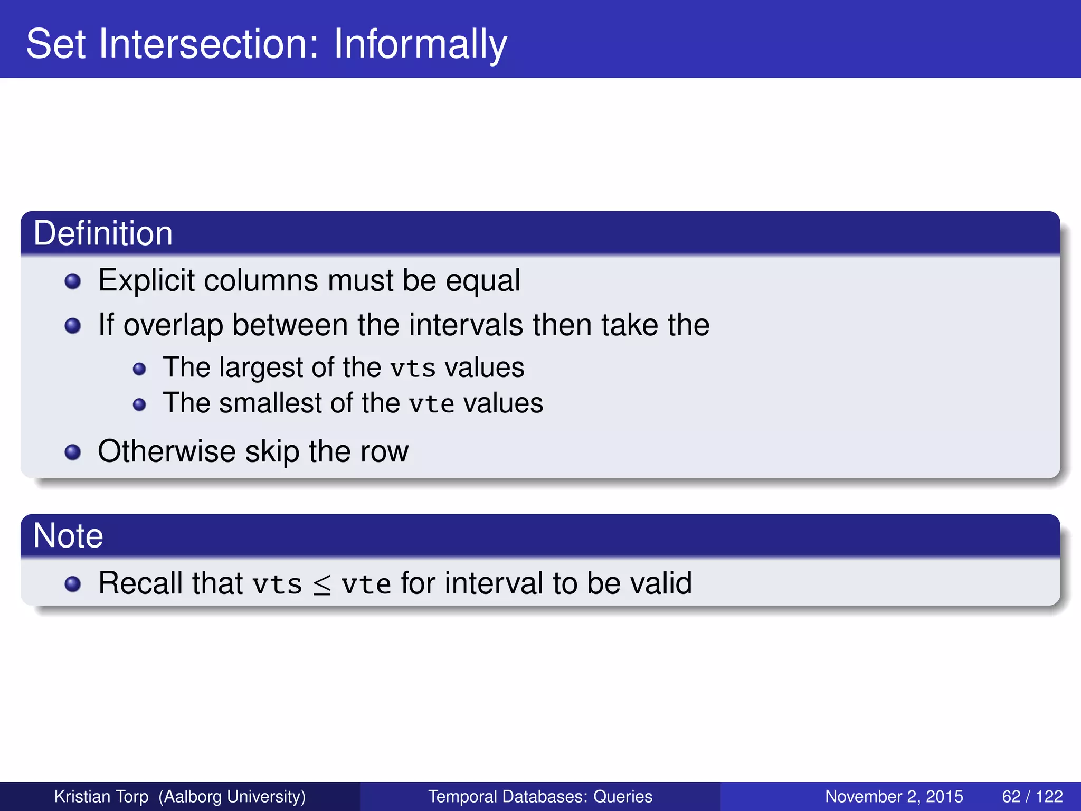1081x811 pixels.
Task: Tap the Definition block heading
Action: tap(103, 233)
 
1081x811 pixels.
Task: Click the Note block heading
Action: tap(68, 536)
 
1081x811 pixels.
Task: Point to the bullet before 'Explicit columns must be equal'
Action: tap(72, 281)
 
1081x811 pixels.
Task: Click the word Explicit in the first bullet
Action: tap(146, 280)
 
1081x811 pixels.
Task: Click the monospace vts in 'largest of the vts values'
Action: tap(413, 369)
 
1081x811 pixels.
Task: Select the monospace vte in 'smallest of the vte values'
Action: tap(431, 404)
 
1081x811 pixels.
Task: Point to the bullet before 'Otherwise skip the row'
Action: tap(72, 452)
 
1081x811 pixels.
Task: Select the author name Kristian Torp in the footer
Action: tap(101, 796)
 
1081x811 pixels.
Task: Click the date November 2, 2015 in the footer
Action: tap(894, 796)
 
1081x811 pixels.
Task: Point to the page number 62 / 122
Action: tap(1032, 796)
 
